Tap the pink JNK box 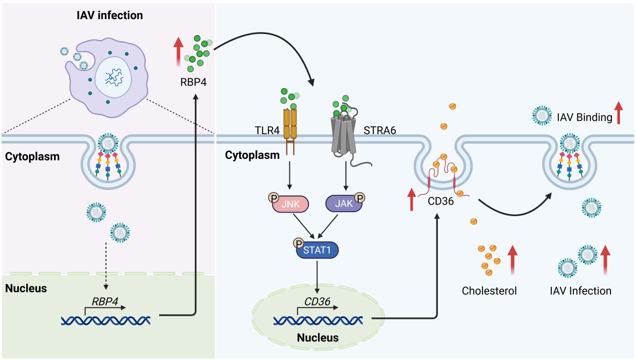pyautogui.click(x=290, y=204)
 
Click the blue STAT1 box pyautogui.click(x=317, y=250)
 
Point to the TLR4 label pyautogui.click(x=267, y=130)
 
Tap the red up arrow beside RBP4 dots pyautogui.click(x=179, y=53)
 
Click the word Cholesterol pyautogui.click(x=489, y=291)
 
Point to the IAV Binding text pyautogui.click(x=584, y=118)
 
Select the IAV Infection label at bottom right pyautogui.click(x=580, y=291)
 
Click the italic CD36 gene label pyautogui.click(x=317, y=302)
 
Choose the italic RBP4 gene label pyautogui.click(x=105, y=302)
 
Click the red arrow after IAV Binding pyautogui.click(x=618, y=112)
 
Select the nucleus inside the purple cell pyautogui.click(x=113, y=78)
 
